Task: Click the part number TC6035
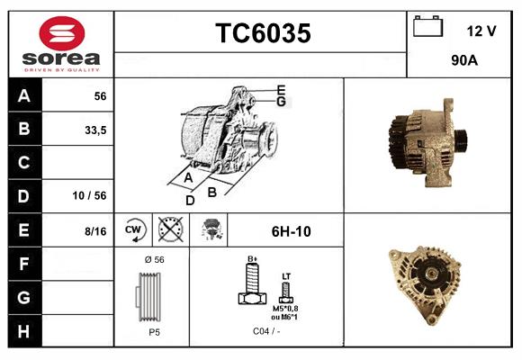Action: click(262, 33)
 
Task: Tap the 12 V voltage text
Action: click(481, 31)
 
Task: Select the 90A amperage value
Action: click(463, 62)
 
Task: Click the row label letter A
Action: click(24, 96)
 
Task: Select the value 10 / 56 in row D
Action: click(90, 196)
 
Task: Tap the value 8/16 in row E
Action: click(94, 230)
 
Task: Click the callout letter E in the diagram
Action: click(281, 89)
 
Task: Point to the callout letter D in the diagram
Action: click(190, 200)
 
